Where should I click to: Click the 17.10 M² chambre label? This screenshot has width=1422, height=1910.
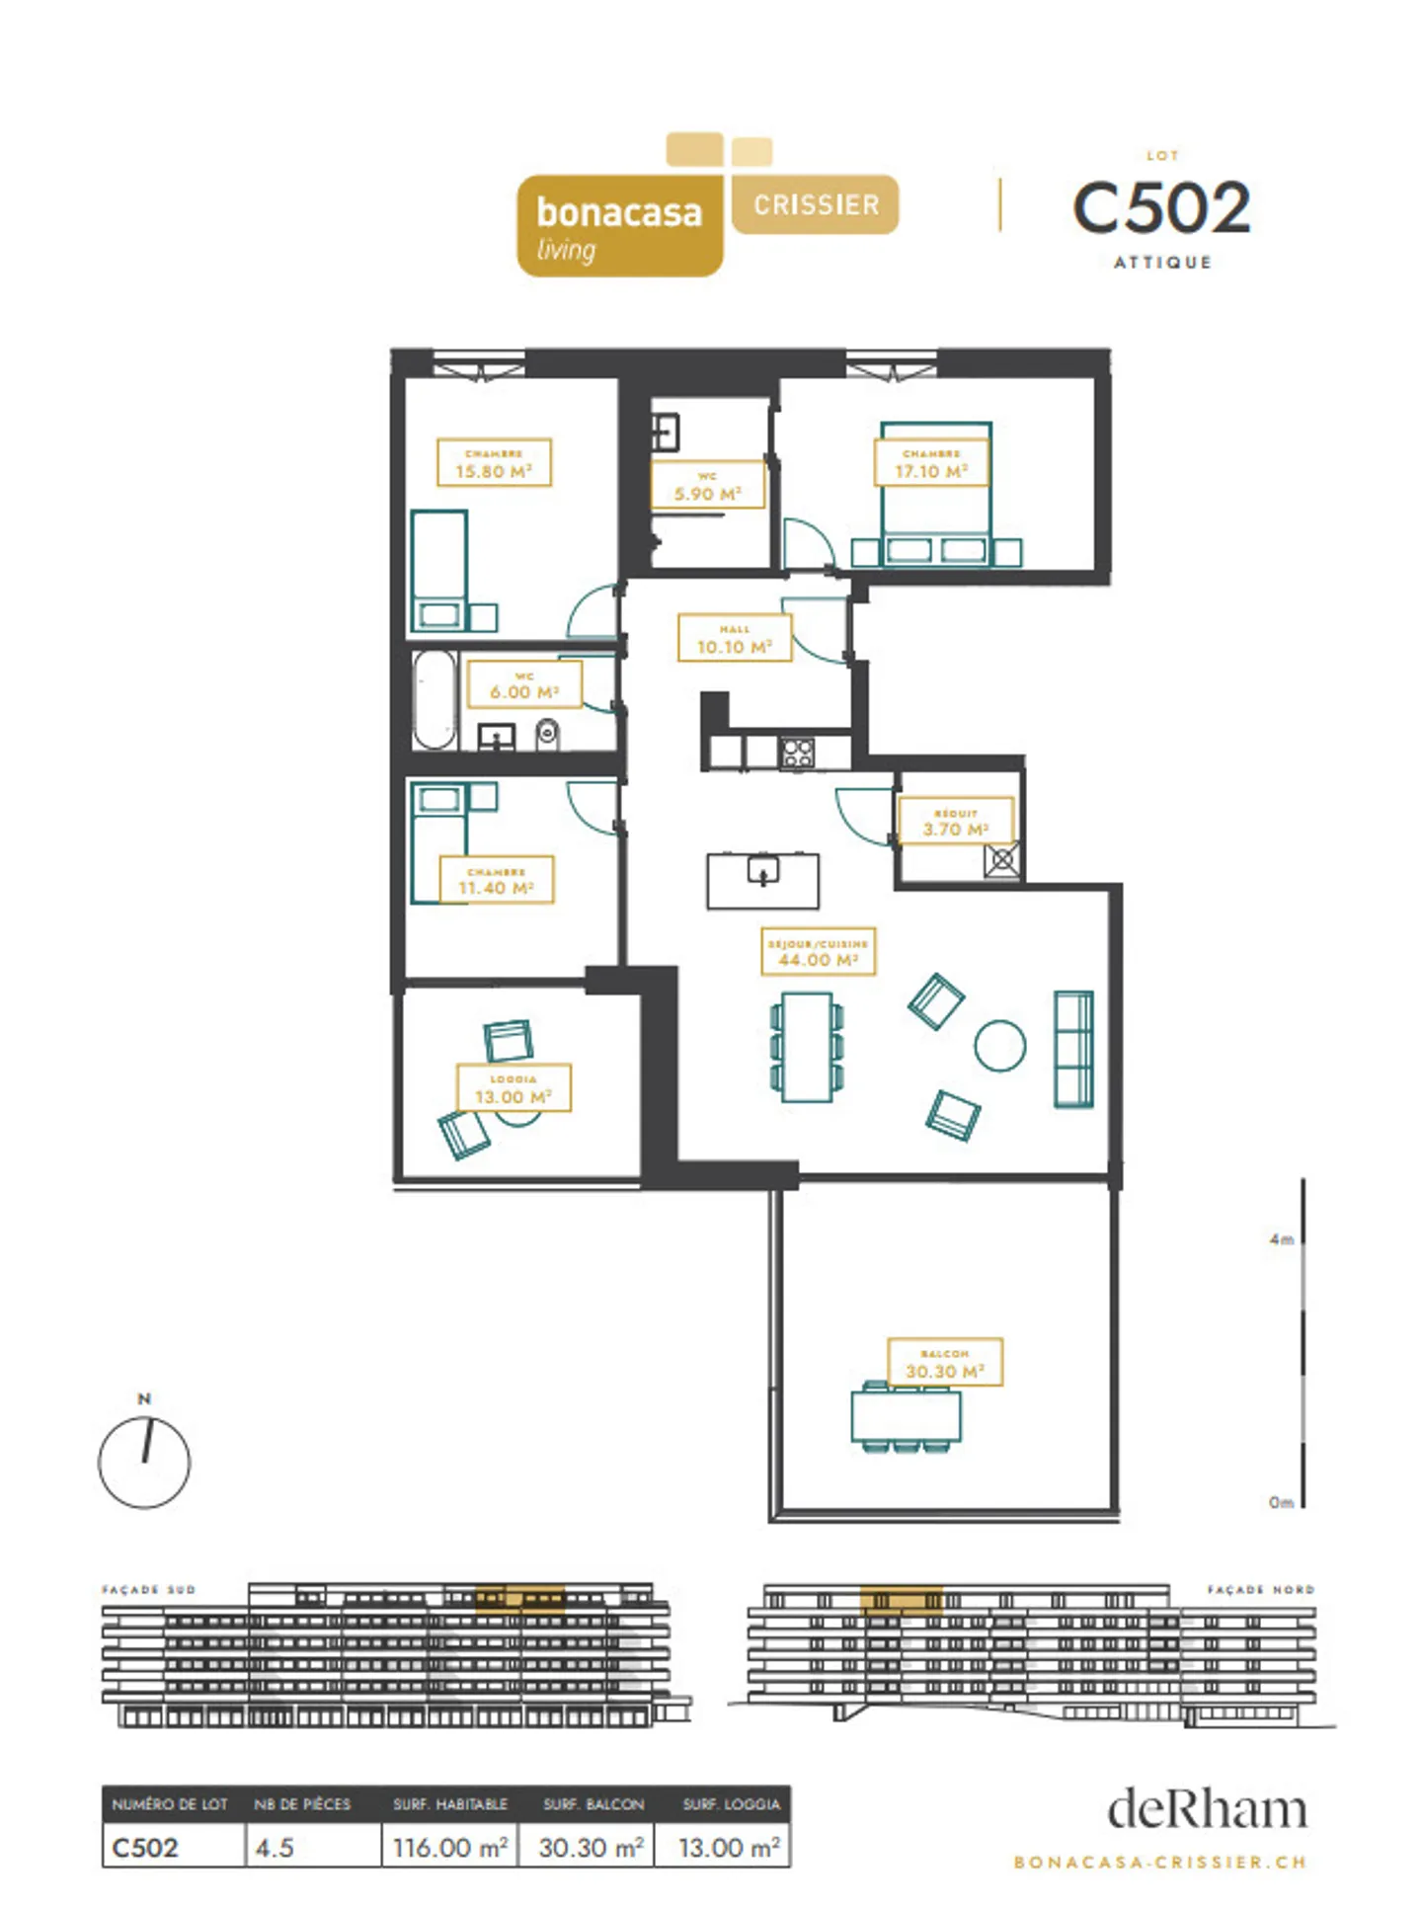(930, 463)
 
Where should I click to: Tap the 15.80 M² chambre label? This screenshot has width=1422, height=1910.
(494, 463)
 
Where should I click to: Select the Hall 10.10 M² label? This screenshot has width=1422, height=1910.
(734, 638)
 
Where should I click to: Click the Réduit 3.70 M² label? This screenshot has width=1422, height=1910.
(955, 821)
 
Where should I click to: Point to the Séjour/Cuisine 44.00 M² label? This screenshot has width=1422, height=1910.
(818, 951)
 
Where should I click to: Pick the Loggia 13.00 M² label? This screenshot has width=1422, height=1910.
(513, 1087)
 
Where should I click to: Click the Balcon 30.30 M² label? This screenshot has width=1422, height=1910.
(944, 1362)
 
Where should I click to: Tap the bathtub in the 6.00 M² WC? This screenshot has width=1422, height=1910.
(434, 699)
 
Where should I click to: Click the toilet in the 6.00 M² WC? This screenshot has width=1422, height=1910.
(547, 734)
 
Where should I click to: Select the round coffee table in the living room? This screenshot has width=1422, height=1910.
(999, 1045)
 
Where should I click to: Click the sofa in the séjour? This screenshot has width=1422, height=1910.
(1073, 1049)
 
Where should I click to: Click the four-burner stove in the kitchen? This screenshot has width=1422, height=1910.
(798, 753)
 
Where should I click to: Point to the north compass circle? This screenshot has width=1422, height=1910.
(144, 1462)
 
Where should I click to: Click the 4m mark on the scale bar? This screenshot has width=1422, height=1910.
(1283, 1238)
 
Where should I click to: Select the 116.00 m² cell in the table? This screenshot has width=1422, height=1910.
(450, 1847)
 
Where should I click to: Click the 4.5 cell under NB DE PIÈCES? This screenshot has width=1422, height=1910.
(275, 1847)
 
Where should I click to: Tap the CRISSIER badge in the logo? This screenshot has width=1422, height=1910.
(816, 204)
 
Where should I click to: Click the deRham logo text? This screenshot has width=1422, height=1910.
(1207, 1809)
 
